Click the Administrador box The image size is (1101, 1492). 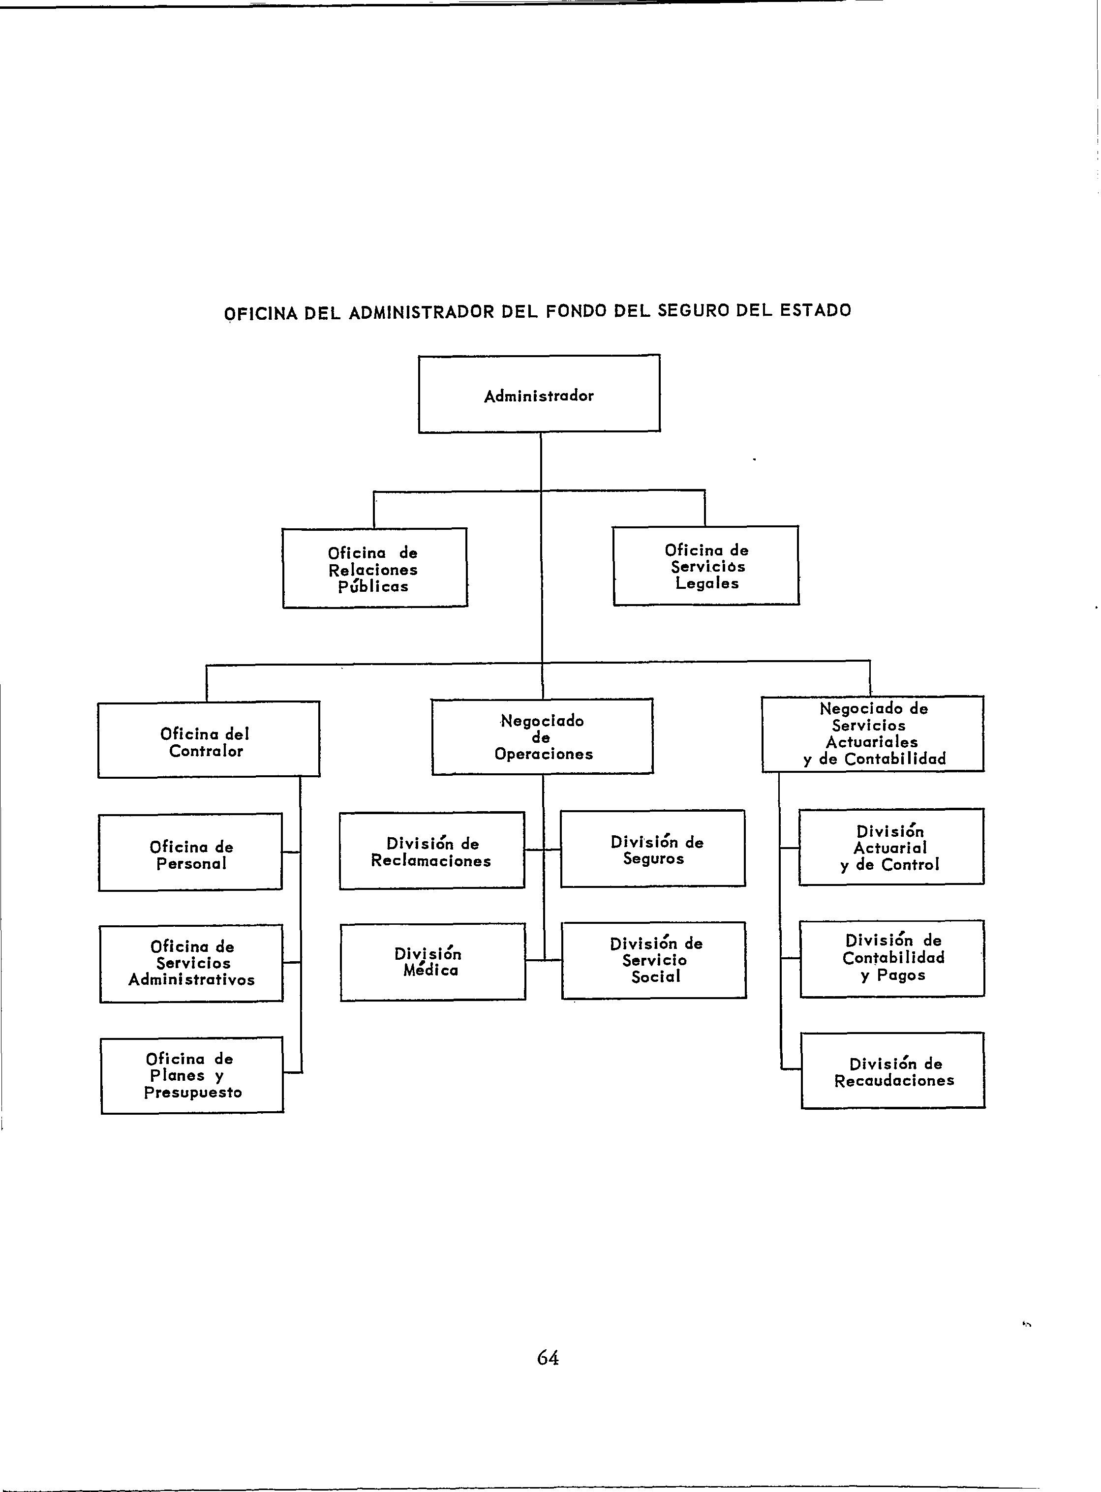coord(539,394)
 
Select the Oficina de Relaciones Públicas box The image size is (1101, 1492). coord(374,568)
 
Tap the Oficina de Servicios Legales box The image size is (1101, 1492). coord(706,566)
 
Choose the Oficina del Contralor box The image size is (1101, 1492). coord(209,740)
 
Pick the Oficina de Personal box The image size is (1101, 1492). coord(190,853)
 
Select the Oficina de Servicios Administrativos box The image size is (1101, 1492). coord(191,964)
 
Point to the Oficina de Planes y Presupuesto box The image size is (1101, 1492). coord(192,1075)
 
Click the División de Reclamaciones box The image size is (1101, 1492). coord(432,851)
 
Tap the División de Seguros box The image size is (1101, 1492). coord(653,849)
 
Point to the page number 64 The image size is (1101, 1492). coord(548,1357)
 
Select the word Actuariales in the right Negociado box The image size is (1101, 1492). coord(872,742)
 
